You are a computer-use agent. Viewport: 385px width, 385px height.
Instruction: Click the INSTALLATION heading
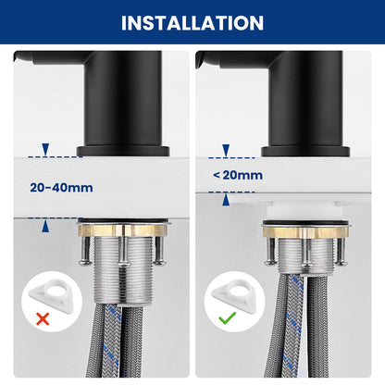click(x=192, y=23)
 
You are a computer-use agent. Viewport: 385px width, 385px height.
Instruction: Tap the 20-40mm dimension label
click(x=61, y=188)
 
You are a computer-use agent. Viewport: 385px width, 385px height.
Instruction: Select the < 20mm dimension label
click(x=238, y=175)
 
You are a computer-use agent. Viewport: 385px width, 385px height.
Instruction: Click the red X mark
click(x=43, y=318)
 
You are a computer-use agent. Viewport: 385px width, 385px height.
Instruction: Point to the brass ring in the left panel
click(x=122, y=230)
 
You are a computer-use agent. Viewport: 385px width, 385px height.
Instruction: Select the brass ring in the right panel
click(x=305, y=232)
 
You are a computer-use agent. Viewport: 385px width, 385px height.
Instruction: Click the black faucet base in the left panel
click(x=123, y=151)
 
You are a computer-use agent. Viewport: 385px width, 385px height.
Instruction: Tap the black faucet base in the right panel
click(x=305, y=151)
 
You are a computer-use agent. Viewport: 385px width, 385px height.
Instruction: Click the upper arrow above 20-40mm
click(x=45, y=149)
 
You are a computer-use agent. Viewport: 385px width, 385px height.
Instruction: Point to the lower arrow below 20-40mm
click(x=45, y=226)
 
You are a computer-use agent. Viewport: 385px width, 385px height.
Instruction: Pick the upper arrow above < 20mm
click(x=226, y=150)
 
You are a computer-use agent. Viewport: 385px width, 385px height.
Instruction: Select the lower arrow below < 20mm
click(x=226, y=199)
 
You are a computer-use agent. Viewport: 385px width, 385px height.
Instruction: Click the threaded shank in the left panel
click(x=122, y=270)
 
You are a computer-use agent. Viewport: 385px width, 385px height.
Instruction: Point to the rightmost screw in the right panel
click(x=341, y=252)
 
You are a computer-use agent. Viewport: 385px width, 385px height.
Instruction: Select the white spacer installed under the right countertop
click(x=304, y=210)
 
